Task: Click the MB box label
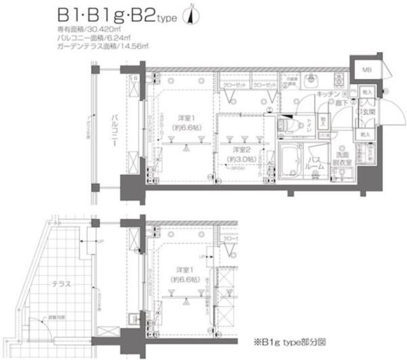pos(368,69)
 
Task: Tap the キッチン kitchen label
pos(326,93)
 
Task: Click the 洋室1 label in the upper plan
pos(185,121)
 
